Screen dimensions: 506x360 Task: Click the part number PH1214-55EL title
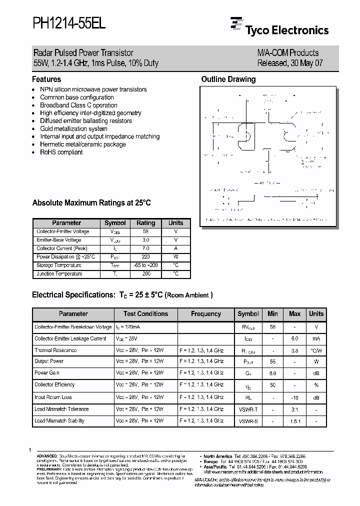click(69, 23)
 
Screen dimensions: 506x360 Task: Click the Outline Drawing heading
click(228, 79)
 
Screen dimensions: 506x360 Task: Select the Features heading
click(46, 79)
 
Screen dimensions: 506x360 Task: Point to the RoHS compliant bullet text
click(61, 152)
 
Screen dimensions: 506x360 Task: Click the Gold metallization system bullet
click(73, 128)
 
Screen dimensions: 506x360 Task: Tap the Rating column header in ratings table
click(146, 223)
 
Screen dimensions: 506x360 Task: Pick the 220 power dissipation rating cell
click(146, 257)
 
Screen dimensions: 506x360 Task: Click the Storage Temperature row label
click(59, 265)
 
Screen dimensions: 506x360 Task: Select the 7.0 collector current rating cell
click(146, 248)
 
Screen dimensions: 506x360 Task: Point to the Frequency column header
click(206, 314)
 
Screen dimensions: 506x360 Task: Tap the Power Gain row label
click(47, 373)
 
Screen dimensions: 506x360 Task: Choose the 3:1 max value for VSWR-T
click(295, 409)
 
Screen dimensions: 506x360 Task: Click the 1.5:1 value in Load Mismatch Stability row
click(295, 421)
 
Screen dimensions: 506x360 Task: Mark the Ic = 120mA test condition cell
click(128, 327)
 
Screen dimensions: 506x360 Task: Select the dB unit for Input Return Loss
click(316, 397)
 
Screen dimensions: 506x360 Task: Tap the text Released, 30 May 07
click(287, 63)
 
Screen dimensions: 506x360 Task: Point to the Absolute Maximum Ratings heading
click(91, 203)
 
